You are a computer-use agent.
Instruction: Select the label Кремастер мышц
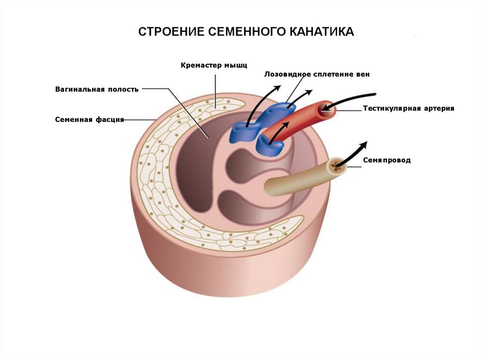(x=214, y=65)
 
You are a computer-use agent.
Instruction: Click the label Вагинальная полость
(x=97, y=89)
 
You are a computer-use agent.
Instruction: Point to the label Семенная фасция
(x=89, y=119)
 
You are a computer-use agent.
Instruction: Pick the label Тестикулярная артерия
(x=409, y=108)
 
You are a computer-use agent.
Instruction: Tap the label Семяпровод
(x=387, y=160)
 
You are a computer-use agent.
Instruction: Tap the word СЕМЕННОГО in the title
(x=243, y=32)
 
